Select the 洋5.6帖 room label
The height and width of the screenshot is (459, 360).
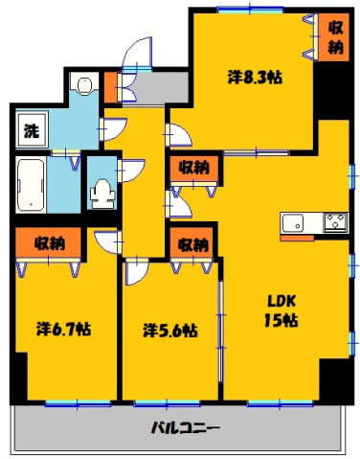170,331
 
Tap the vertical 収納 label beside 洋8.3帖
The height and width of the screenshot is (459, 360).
336,36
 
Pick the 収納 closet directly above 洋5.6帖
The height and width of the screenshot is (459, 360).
192,243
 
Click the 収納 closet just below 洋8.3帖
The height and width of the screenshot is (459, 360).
192,167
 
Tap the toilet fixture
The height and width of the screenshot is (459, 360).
100,193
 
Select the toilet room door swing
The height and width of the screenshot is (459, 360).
127,172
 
